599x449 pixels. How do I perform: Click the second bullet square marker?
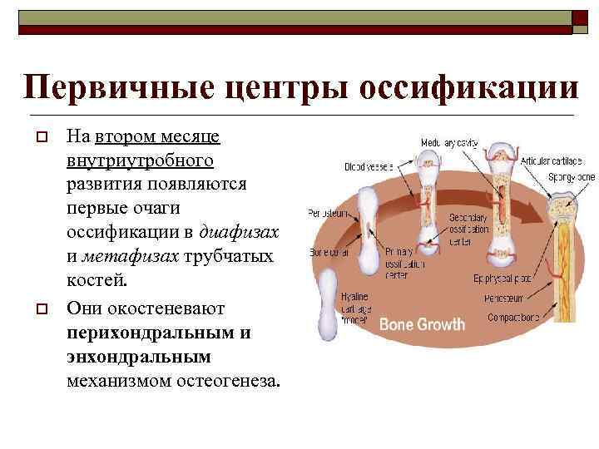click(x=39, y=309)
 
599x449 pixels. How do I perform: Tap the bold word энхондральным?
click(x=140, y=356)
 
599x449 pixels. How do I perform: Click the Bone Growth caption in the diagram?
click(x=422, y=323)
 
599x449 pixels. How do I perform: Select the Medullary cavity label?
click(x=449, y=143)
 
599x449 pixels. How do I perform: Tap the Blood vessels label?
click(x=366, y=166)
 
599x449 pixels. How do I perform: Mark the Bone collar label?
click(x=328, y=251)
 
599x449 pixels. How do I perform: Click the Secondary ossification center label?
click(x=471, y=227)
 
